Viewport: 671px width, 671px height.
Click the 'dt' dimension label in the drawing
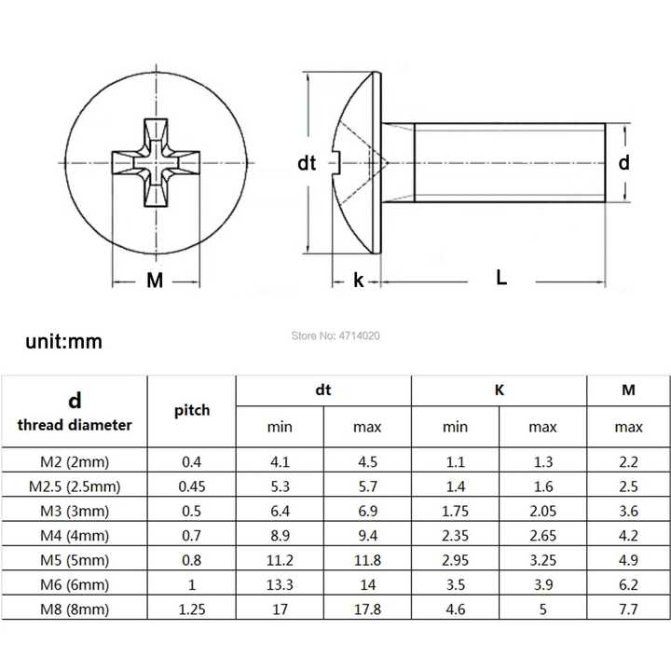[x=307, y=163]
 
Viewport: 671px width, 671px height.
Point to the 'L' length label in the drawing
[x=501, y=277]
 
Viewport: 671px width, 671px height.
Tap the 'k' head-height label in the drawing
[x=359, y=280]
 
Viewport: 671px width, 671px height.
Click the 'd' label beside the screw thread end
[x=624, y=162]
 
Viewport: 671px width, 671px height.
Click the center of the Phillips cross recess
[x=156, y=163]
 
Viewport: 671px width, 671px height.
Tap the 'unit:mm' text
[x=64, y=341]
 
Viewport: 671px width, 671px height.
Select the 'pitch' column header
[x=192, y=410]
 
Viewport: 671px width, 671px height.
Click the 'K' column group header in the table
[x=500, y=390]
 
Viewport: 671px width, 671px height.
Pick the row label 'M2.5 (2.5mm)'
[x=75, y=486]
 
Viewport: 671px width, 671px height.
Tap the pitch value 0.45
[x=192, y=486]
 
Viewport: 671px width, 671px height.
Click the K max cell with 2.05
[x=543, y=512]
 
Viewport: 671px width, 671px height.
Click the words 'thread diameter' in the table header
[x=75, y=425]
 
